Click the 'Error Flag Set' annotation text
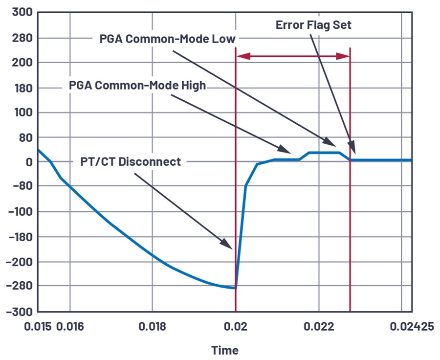click(x=313, y=24)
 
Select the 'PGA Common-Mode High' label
click(x=137, y=86)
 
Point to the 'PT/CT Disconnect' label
click(x=131, y=161)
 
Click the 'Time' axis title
click(x=225, y=350)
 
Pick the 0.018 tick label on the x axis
click(x=153, y=326)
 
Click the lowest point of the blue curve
click(x=235, y=288)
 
